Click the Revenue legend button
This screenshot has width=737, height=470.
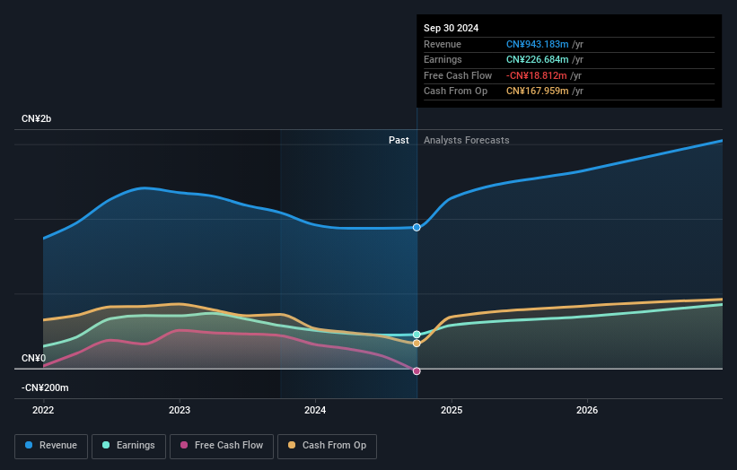point(52,446)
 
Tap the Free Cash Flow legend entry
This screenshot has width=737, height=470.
point(221,446)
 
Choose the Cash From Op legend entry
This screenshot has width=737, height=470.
point(329,446)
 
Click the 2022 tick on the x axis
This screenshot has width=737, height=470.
point(43,410)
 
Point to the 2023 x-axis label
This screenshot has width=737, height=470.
point(180,410)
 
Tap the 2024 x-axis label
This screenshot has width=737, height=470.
point(315,410)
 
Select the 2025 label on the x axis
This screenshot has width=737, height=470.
point(452,410)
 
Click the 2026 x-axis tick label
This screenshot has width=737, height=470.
point(587,410)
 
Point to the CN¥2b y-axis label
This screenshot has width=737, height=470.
point(37,118)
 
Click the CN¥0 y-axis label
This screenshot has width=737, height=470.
point(33,358)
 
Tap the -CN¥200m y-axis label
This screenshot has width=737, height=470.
point(45,387)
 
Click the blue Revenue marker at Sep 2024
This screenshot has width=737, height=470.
point(417,228)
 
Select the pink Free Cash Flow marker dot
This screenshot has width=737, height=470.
point(417,370)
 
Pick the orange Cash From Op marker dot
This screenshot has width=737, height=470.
point(417,344)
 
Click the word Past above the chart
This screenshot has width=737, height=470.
point(399,140)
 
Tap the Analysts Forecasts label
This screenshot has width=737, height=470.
point(466,140)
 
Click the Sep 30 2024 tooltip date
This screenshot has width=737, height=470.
point(451,28)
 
